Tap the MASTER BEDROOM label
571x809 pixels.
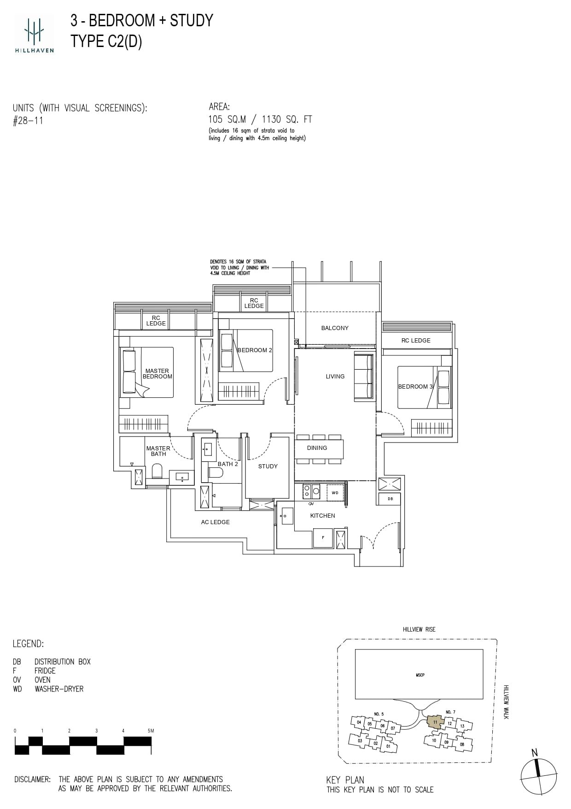pyautogui.click(x=157, y=373)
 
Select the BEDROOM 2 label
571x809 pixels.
pyautogui.click(x=255, y=350)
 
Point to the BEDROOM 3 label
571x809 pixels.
pyautogui.click(x=415, y=387)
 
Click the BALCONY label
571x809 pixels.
pyautogui.click(x=335, y=328)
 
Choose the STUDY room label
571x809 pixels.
pyautogui.click(x=268, y=467)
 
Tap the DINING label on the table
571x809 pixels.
pyautogui.click(x=317, y=448)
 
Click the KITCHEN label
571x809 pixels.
pyautogui.click(x=322, y=516)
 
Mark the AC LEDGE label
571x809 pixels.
pyautogui.click(x=215, y=522)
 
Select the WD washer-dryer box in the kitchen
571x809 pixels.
pyautogui.click(x=335, y=493)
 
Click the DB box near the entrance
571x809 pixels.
pyautogui.click(x=390, y=499)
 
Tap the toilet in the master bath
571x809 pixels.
pyautogui.click(x=157, y=472)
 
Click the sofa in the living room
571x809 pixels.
pyautogui.click(x=363, y=376)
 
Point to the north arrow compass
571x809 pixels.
pyautogui.click(x=539, y=776)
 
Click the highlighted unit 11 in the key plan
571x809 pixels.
pyautogui.click(x=434, y=721)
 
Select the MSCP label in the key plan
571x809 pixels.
pyautogui.click(x=420, y=675)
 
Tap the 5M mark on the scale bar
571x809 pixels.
pyautogui.click(x=150, y=731)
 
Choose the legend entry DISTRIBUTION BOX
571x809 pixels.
pyautogui.click(x=62, y=661)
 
